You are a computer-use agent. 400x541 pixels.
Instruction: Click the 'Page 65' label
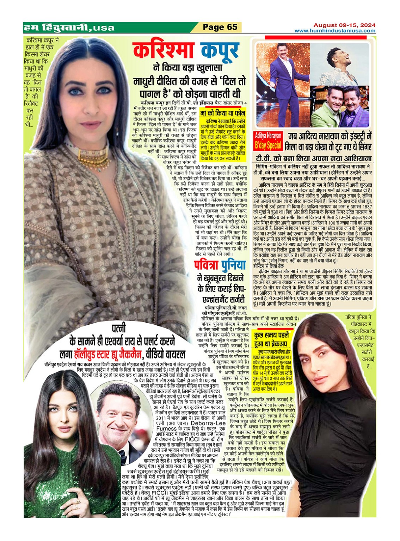pyautogui.click(x=220, y=27)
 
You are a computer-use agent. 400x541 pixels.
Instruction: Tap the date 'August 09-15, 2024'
pyautogui.click(x=344, y=25)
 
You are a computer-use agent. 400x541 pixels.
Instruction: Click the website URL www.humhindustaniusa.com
pyautogui.click(x=335, y=31)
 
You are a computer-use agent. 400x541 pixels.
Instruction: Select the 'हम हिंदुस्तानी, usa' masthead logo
pyautogui.click(x=69, y=27)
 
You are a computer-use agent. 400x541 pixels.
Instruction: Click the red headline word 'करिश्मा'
pyautogui.click(x=163, y=50)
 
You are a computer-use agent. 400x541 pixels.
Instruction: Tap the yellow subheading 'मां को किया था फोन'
pyautogui.click(x=222, y=113)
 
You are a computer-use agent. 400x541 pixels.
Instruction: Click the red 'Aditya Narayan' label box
pyautogui.click(x=268, y=136)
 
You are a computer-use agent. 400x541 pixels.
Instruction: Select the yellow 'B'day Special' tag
pyautogui.click(x=268, y=145)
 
